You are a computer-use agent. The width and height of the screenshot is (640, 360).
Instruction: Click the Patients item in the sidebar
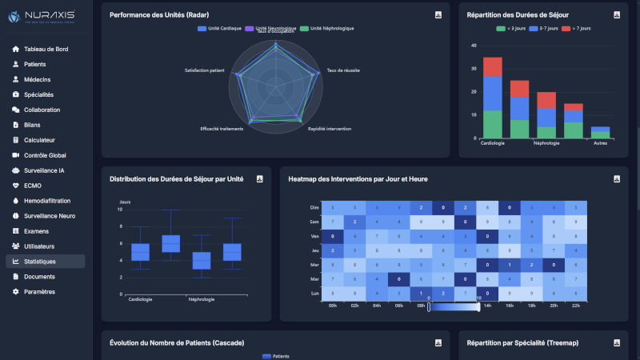(x=34, y=64)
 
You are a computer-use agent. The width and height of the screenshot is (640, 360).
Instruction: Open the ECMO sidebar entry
(x=33, y=186)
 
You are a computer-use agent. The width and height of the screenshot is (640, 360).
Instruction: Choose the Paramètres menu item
(x=39, y=292)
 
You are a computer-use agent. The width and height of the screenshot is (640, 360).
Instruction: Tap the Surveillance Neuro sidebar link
(x=50, y=216)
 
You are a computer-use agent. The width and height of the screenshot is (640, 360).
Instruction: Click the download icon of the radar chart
(x=438, y=15)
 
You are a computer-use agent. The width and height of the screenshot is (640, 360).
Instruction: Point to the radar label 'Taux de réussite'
(x=342, y=70)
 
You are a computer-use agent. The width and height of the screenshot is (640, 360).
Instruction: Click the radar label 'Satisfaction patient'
(x=204, y=70)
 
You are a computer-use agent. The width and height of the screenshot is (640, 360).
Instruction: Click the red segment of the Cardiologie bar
(x=492, y=66)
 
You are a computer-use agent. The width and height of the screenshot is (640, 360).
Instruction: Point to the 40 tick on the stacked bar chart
(x=474, y=46)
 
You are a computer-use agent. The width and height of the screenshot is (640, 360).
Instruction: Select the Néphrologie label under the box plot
(x=202, y=299)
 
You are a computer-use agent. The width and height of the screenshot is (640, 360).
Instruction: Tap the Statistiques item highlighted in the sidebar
(x=40, y=262)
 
